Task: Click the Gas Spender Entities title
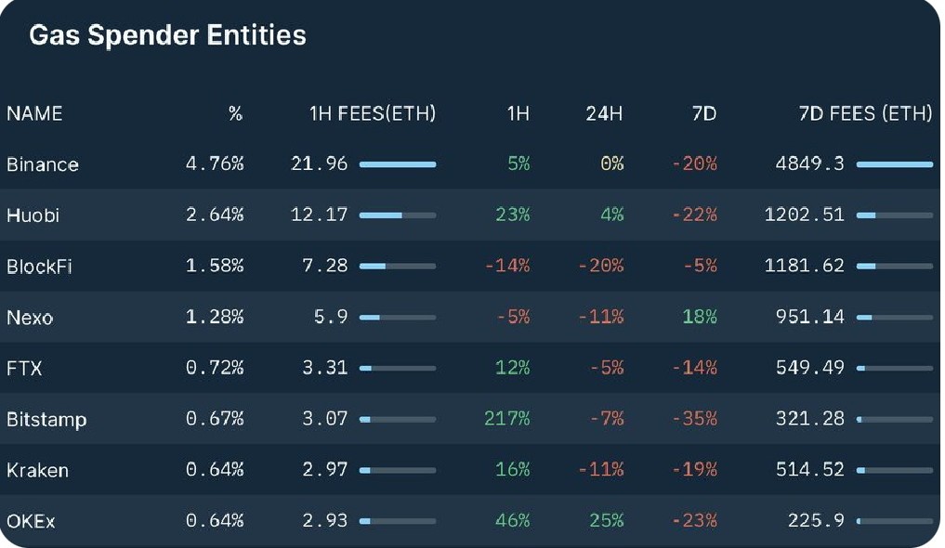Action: pyautogui.click(x=167, y=35)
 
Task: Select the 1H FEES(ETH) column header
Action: pyautogui.click(x=373, y=113)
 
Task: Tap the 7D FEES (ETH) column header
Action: pyautogui.click(x=865, y=113)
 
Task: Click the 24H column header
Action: pyautogui.click(x=604, y=113)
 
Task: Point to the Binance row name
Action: pyautogui.click(x=42, y=164)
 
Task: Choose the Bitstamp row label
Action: pyautogui.click(x=46, y=419)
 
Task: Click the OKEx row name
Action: pyautogui.click(x=31, y=521)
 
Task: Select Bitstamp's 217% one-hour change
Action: pyautogui.click(x=506, y=418)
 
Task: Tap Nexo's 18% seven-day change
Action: pyautogui.click(x=699, y=316)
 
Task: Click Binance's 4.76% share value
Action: pyautogui.click(x=215, y=163)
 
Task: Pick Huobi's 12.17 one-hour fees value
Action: pyautogui.click(x=319, y=215)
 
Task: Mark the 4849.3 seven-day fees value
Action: pyautogui.click(x=809, y=163)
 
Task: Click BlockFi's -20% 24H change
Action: pyautogui.click(x=601, y=265)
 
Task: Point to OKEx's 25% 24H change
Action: pyautogui.click(x=606, y=520)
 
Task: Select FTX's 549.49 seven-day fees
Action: pyautogui.click(x=809, y=367)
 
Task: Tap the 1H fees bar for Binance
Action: pyautogui.click(x=398, y=164)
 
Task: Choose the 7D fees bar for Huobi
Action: pyautogui.click(x=895, y=215)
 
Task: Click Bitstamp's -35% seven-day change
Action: pyautogui.click(x=694, y=418)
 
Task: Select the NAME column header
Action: pyautogui.click(x=34, y=113)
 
